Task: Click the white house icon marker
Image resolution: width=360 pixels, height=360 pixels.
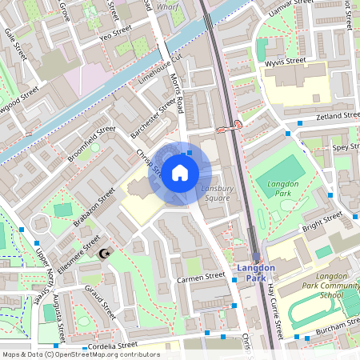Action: tap(180, 172)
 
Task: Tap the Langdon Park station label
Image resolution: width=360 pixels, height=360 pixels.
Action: tap(256, 273)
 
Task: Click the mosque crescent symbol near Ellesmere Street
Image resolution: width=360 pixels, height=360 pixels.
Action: tap(102, 254)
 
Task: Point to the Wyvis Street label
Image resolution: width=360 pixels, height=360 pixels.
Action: tap(285, 60)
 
